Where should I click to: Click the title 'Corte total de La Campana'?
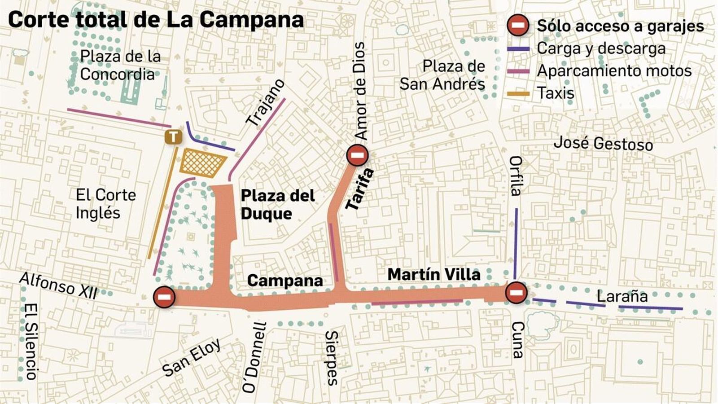[156, 20]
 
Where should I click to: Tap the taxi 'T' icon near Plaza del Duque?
[173, 137]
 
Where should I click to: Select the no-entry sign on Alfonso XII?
[164, 297]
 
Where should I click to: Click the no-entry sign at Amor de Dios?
[358, 155]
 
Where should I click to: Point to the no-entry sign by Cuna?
[516, 293]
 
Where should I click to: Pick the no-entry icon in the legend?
[518, 25]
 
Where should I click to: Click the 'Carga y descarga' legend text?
[601, 48]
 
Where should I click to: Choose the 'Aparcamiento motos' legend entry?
[614, 71]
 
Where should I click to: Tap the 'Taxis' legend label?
[556, 93]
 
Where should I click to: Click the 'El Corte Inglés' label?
[105, 204]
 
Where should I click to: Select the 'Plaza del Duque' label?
[277, 204]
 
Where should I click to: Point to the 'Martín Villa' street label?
[433, 274]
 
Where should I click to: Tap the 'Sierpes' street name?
[332, 358]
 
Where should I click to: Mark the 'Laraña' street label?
[622, 296]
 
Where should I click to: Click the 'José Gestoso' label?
[603, 144]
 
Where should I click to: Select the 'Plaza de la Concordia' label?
[119, 65]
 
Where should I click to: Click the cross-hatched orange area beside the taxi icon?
[201, 163]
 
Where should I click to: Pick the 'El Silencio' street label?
[31, 341]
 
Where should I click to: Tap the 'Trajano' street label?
[266, 102]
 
